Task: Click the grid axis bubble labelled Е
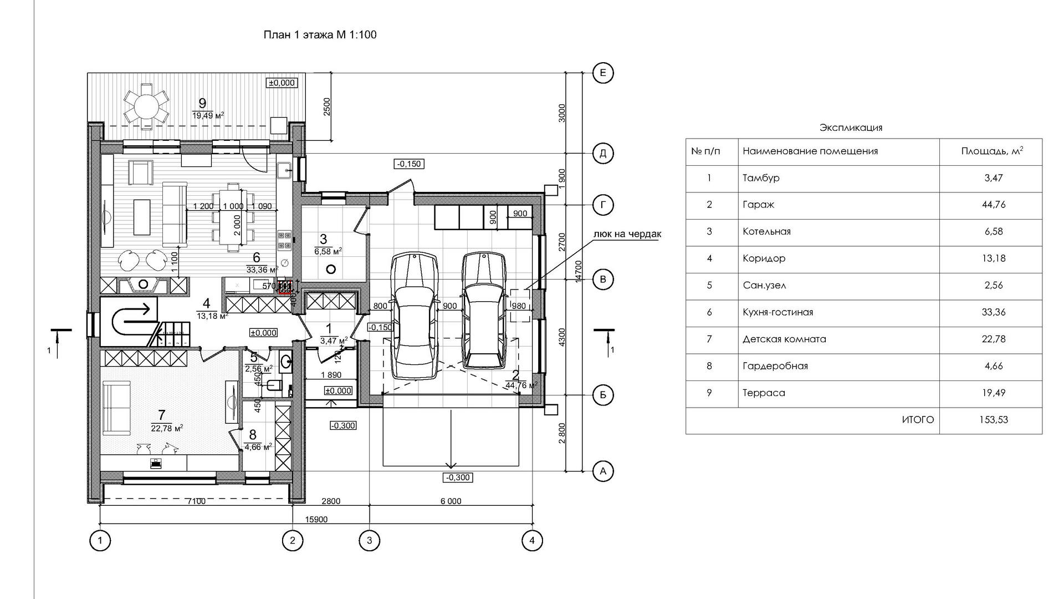(x=603, y=73)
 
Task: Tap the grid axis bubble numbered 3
(x=370, y=540)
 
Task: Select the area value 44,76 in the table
(x=994, y=205)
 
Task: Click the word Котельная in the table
(x=766, y=231)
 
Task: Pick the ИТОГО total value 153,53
(x=994, y=420)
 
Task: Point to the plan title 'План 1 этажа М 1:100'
(x=320, y=35)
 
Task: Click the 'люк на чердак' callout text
(x=627, y=234)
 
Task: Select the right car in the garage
(x=484, y=312)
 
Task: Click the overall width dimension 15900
(x=316, y=520)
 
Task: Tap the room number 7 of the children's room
(x=161, y=415)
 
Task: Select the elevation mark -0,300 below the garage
(x=458, y=478)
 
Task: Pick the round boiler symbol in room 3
(x=331, y=270)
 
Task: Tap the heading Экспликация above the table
(x=851, y=128)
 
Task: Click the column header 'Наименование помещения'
(x=810, y=151)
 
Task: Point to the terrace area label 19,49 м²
(x=208, y=115)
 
